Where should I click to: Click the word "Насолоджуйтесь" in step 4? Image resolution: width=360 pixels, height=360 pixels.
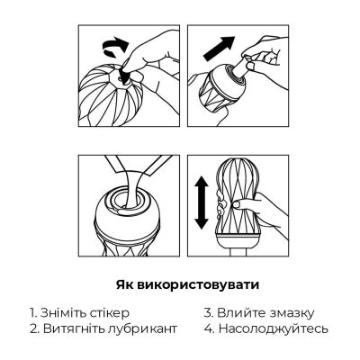tap(274, 330)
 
